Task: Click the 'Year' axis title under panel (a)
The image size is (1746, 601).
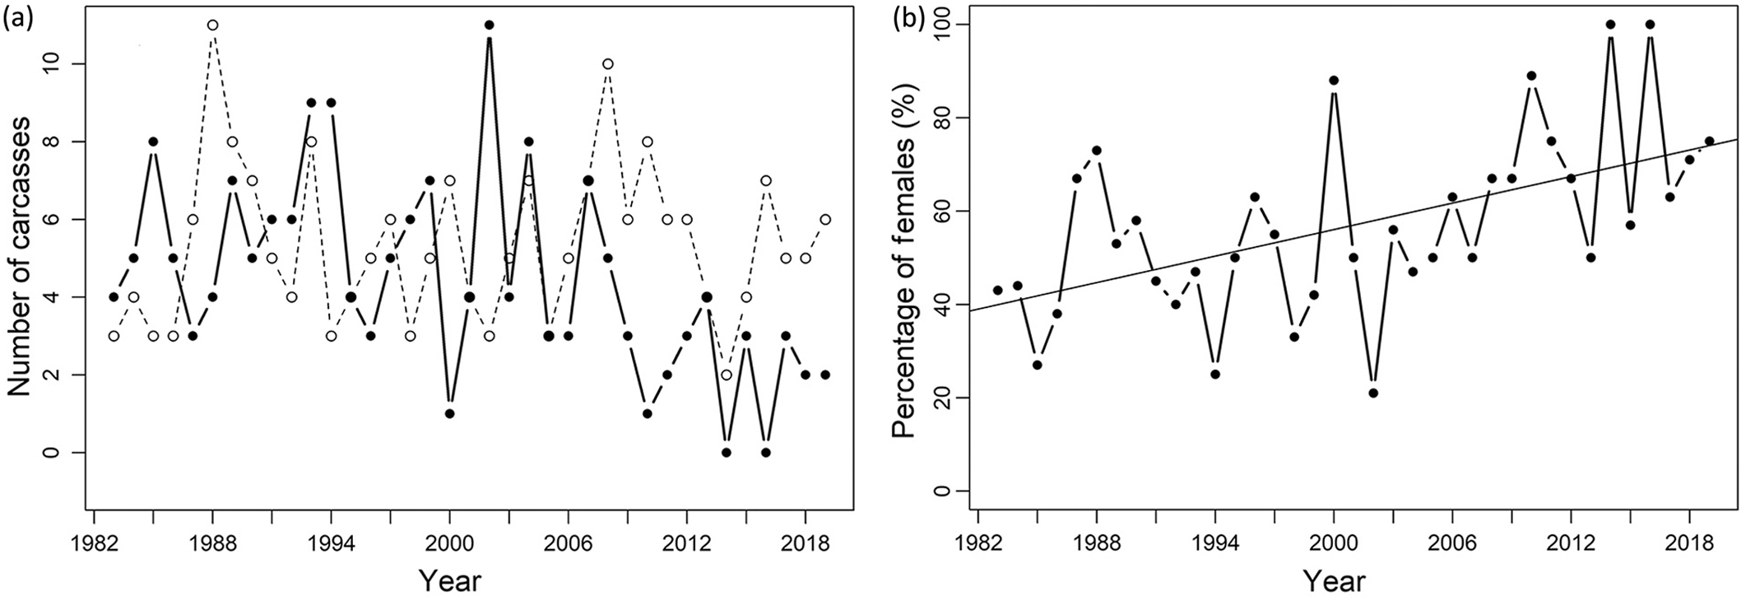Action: click(x=449, y=580)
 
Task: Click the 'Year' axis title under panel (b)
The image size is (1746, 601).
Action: click(x=1334, y=580)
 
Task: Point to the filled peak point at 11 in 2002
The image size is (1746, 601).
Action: click(x=489, y=25)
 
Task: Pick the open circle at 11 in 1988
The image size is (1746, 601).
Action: click(x=212, y=25)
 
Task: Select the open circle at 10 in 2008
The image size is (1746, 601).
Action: click(x=607, y=63)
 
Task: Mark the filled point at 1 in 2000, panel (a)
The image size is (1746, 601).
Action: click(x=449, y=413)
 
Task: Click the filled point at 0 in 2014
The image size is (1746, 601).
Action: click(x=726, y=453)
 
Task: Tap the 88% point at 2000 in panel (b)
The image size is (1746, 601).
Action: click(x=1334, y=80)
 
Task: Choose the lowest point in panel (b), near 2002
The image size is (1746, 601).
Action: click(x=1373, y=393)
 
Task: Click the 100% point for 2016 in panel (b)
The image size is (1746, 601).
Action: click(x=1650, y=25)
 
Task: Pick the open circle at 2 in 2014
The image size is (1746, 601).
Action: click(x=726, y=375)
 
